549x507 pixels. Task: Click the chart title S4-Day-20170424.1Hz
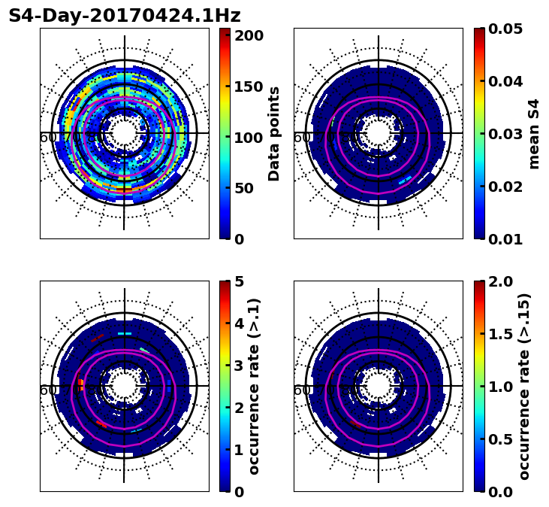[125, 16]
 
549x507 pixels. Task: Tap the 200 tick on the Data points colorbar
[249, 35]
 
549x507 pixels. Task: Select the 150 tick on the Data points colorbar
[249, 87]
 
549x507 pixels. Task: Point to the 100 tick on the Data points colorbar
[249, 138]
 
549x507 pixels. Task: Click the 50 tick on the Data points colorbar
[249, 188]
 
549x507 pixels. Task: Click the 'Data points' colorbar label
[274, 133]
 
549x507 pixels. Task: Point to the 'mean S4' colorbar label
[534, 133]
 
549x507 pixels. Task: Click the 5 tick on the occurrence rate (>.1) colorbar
[238, 281]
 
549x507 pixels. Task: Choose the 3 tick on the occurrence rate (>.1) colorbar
[238, 366]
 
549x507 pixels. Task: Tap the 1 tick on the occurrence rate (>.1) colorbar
[238, 450]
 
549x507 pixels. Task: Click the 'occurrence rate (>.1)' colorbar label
[254, 386]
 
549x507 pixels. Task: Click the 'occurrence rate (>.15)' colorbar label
[524, 386]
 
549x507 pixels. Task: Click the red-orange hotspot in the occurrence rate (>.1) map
[79, 384]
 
